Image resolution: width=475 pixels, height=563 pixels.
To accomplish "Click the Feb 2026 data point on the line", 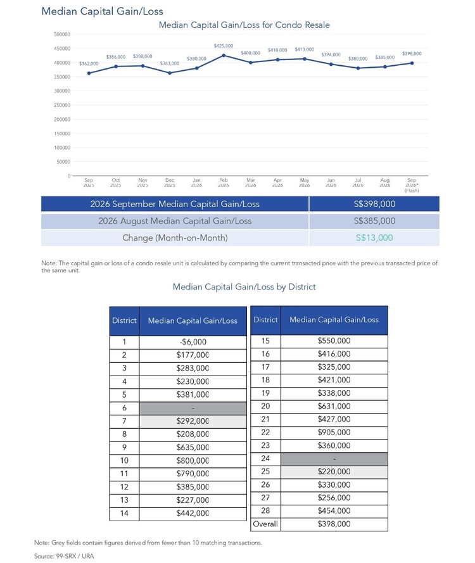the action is (x=224, y=55).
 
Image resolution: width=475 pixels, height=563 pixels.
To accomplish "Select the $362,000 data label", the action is (x=89, y=63).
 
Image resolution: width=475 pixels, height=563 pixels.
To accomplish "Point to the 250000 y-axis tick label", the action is (x=62, y=105).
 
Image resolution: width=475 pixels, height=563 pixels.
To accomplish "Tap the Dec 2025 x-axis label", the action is (x=170, y=182).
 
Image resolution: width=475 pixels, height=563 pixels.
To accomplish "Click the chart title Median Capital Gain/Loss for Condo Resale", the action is (x=244, y=25).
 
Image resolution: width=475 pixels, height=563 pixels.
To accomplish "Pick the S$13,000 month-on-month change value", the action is (x=374, y=237).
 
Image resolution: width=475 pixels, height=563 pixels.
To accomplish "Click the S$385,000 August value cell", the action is (x=374, y=221).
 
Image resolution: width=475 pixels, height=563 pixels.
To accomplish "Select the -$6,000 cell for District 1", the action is (x=193, y=342).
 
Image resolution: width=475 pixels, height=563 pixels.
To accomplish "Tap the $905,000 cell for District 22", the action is (x=334, y=433).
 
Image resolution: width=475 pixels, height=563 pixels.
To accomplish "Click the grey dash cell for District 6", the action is (x=193, y=408).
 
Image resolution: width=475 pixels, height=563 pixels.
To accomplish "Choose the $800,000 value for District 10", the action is (x=193, y=460).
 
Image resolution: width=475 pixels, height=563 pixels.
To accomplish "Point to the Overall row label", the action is (x=265, y=524).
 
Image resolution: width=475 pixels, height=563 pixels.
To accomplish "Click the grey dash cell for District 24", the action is (x=334, y=459).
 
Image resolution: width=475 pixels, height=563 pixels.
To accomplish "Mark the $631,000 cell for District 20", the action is (x=334, y=406).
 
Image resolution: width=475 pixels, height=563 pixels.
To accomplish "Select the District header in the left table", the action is (x=124, y=320).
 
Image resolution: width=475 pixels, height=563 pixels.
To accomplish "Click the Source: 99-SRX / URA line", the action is (x=64, y=556).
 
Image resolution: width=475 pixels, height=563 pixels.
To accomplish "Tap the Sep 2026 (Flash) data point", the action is (x=412, y=63).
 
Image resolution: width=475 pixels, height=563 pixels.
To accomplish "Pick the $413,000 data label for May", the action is (x=305, y=49).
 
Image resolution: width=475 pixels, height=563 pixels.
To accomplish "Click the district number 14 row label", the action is (x=124, y=514).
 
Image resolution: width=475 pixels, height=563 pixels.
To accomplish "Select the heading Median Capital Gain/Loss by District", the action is (x=244, y=287).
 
